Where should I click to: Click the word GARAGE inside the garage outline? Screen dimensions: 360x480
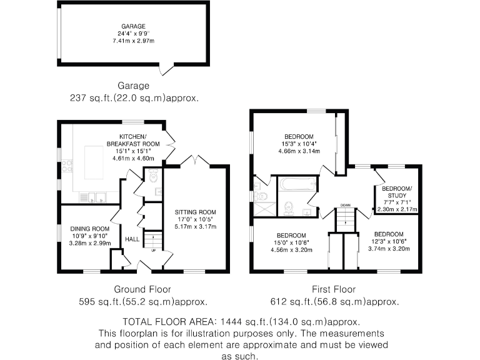point(134,26)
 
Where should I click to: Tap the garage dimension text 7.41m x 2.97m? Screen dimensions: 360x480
point(134,41)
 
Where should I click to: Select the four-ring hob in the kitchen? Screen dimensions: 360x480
point(67,167)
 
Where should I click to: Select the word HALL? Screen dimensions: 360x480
point(132,239)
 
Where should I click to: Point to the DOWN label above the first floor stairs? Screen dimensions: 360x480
point(344,205)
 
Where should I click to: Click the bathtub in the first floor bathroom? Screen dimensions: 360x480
point(297,184)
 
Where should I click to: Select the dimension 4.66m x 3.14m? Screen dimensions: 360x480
point(299,151)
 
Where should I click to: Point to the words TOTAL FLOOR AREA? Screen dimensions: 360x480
point(162,321)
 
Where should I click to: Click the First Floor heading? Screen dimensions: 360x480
point(334,289)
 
